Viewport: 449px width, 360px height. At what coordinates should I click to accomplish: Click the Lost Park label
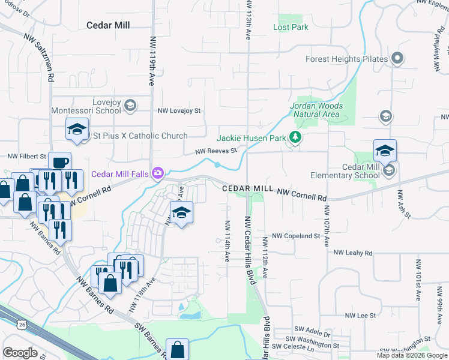click(x=291, y=27)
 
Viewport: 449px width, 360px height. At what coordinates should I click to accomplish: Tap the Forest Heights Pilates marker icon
click(x=396, y=59)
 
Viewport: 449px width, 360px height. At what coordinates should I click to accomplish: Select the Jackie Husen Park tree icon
click(x=295, y=138)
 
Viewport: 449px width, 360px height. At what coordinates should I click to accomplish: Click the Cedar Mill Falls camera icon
click(x=157, y=174)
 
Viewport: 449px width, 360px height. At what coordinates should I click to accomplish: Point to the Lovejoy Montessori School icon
click(x=130, y=106)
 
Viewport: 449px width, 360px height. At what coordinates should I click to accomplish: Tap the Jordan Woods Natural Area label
click(x=316, y=110)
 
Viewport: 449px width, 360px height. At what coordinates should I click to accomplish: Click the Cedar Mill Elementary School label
click(x=344, y=171)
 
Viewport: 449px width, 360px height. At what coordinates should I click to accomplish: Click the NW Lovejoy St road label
click(x=179, y=111)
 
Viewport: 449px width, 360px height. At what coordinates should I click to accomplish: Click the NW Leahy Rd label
click(x=353, y=253)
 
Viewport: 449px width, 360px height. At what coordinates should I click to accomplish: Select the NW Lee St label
click(x=360, y=315)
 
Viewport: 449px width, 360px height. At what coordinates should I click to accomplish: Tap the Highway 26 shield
click(x=22, y=325)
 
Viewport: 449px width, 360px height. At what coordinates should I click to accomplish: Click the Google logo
click(x=20, y=352)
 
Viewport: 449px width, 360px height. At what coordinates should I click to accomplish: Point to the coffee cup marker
click(x=59, y=163)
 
